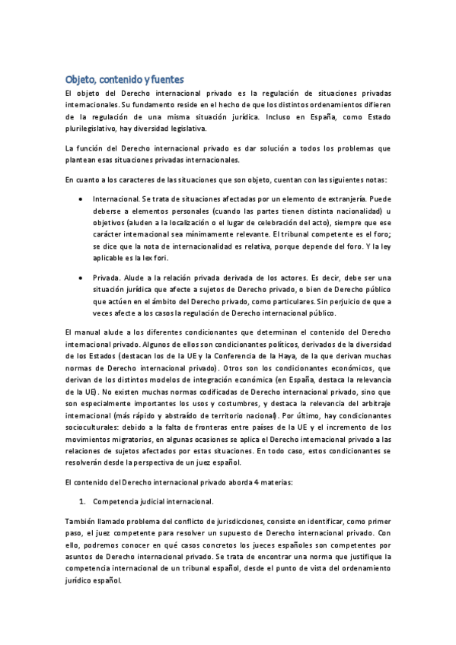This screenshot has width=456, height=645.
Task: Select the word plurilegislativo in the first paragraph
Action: click(x=91, y=129)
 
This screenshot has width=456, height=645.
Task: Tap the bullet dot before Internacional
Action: click(x=82, y=198)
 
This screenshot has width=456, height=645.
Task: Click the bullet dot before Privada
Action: click(x=82, y=278)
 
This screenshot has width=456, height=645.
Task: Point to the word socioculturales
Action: click(x=94, y=428)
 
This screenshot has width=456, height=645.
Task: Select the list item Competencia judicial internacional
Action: click(x=153, y=502)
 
